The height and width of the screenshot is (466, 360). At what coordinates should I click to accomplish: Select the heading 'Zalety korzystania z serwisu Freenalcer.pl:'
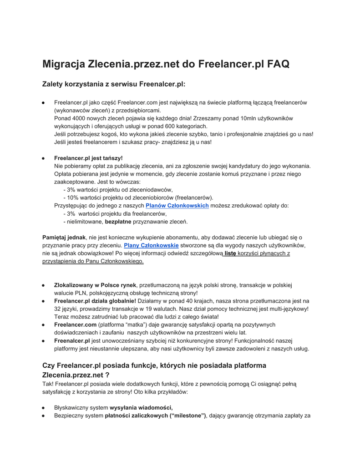[114, 84]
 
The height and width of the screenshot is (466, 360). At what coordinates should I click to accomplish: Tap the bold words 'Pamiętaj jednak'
[64, 237]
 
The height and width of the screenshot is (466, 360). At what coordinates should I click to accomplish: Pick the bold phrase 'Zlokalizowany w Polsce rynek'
[95, 285]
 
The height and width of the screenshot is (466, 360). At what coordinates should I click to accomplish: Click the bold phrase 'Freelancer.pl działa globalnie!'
[95, 301]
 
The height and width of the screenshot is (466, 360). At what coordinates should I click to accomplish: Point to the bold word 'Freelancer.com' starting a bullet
[75, 324]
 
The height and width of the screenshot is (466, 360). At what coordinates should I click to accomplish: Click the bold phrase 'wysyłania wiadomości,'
[141, 407]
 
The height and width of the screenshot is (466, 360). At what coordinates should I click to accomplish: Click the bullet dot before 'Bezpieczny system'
[43, 416]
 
